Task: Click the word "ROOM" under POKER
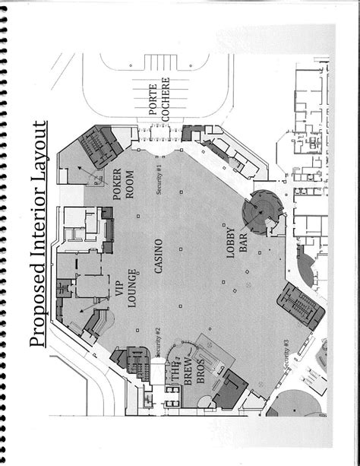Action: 129,182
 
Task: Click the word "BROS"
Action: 202,376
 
